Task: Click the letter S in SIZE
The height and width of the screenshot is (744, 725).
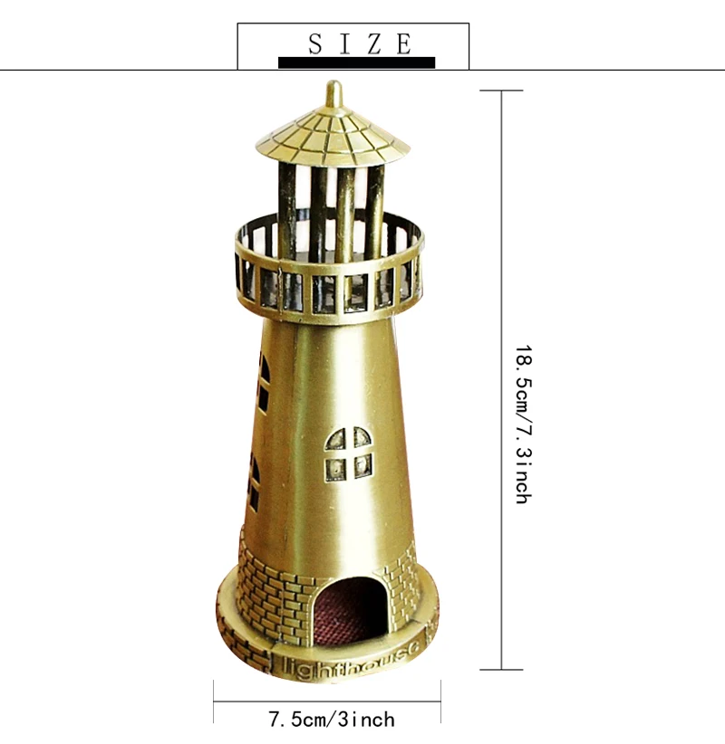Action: click(316, 44)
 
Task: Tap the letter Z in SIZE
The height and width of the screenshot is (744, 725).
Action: click(375, 44)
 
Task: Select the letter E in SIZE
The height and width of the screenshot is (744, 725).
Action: click(404, 44)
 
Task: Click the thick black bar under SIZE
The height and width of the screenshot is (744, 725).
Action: click(356, 62)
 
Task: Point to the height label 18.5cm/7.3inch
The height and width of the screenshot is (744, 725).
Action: click(524, 424)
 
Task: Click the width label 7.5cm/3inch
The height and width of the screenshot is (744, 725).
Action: click(332, 720)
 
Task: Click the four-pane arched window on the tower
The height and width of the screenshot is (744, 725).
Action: click(348, 454)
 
